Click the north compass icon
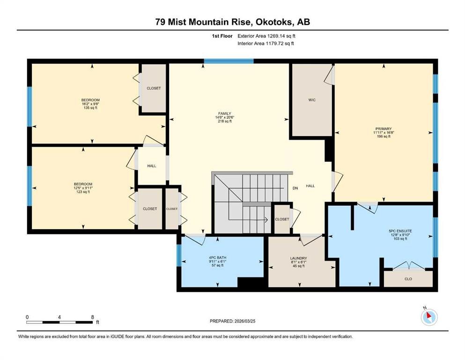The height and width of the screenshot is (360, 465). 429,317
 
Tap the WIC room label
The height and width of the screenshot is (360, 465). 312,100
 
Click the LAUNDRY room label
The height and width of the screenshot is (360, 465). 299,258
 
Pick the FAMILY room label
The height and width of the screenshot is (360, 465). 224,113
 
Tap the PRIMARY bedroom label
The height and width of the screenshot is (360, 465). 384,129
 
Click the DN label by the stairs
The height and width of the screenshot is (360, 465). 295,188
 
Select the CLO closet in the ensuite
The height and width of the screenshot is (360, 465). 408,279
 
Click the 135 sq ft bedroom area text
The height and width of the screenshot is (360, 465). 90,108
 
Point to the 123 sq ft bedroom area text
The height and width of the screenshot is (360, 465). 83,192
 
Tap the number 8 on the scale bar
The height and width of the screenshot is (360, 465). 93,317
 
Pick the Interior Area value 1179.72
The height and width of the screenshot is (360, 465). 276,43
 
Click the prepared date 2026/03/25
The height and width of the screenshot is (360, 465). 244,321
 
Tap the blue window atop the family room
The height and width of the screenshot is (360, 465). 229,61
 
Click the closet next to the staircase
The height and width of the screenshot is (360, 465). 282,219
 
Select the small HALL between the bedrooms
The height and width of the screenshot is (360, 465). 152,166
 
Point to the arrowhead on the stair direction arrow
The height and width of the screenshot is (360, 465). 266,220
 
